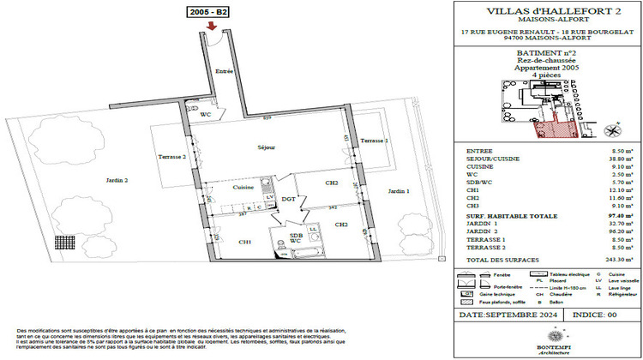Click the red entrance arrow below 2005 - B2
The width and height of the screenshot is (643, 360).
tap(211, 28)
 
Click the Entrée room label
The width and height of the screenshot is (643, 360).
tap(225, 72)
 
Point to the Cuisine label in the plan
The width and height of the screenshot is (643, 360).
tap(243, 186)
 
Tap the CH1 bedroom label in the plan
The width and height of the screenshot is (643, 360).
tap(245, 243)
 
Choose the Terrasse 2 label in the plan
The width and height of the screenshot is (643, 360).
tap(171, 157)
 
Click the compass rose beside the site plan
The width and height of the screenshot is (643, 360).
tap(611, 130)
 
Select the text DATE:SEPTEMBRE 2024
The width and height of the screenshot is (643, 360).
tap(509, 315)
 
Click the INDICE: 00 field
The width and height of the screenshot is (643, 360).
tap(592, 315)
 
